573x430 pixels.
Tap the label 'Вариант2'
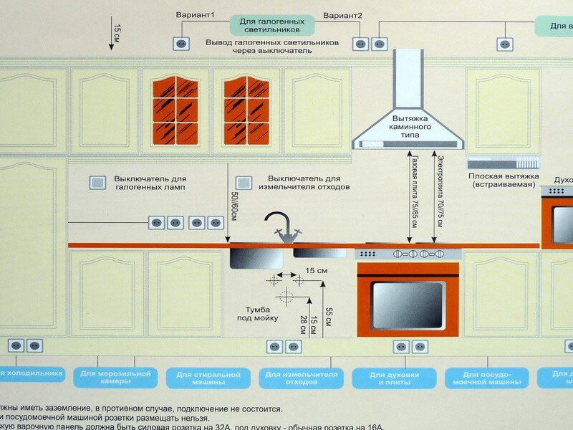342,15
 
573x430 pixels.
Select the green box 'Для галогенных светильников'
271,27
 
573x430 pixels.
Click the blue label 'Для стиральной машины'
208,378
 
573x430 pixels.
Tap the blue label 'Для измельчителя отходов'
300,378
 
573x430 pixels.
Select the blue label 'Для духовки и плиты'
393,378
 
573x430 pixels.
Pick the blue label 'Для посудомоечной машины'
486,378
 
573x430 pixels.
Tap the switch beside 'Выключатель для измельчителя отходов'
244,183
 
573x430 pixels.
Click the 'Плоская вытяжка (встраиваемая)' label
503,180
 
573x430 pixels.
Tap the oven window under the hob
408,305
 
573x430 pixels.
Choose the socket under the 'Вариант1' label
181,44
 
